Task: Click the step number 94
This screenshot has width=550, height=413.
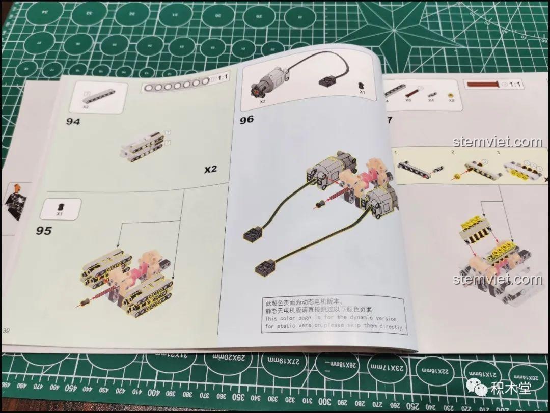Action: tap(73, 122)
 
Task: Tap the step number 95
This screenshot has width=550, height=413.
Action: tap(44, 231)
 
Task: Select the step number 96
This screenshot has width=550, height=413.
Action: tap(247, 120)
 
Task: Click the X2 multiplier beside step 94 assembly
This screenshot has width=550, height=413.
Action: tap(210, 169)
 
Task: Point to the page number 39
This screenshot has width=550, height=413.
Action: tap(6, 331)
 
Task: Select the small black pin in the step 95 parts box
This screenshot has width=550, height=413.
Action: tap(60, 206)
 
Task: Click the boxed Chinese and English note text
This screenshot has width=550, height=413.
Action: tap(334, 315)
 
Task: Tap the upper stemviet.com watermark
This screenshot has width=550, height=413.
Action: tap(497, 142)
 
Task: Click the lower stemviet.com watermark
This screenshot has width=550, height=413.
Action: tap(497, 279)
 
